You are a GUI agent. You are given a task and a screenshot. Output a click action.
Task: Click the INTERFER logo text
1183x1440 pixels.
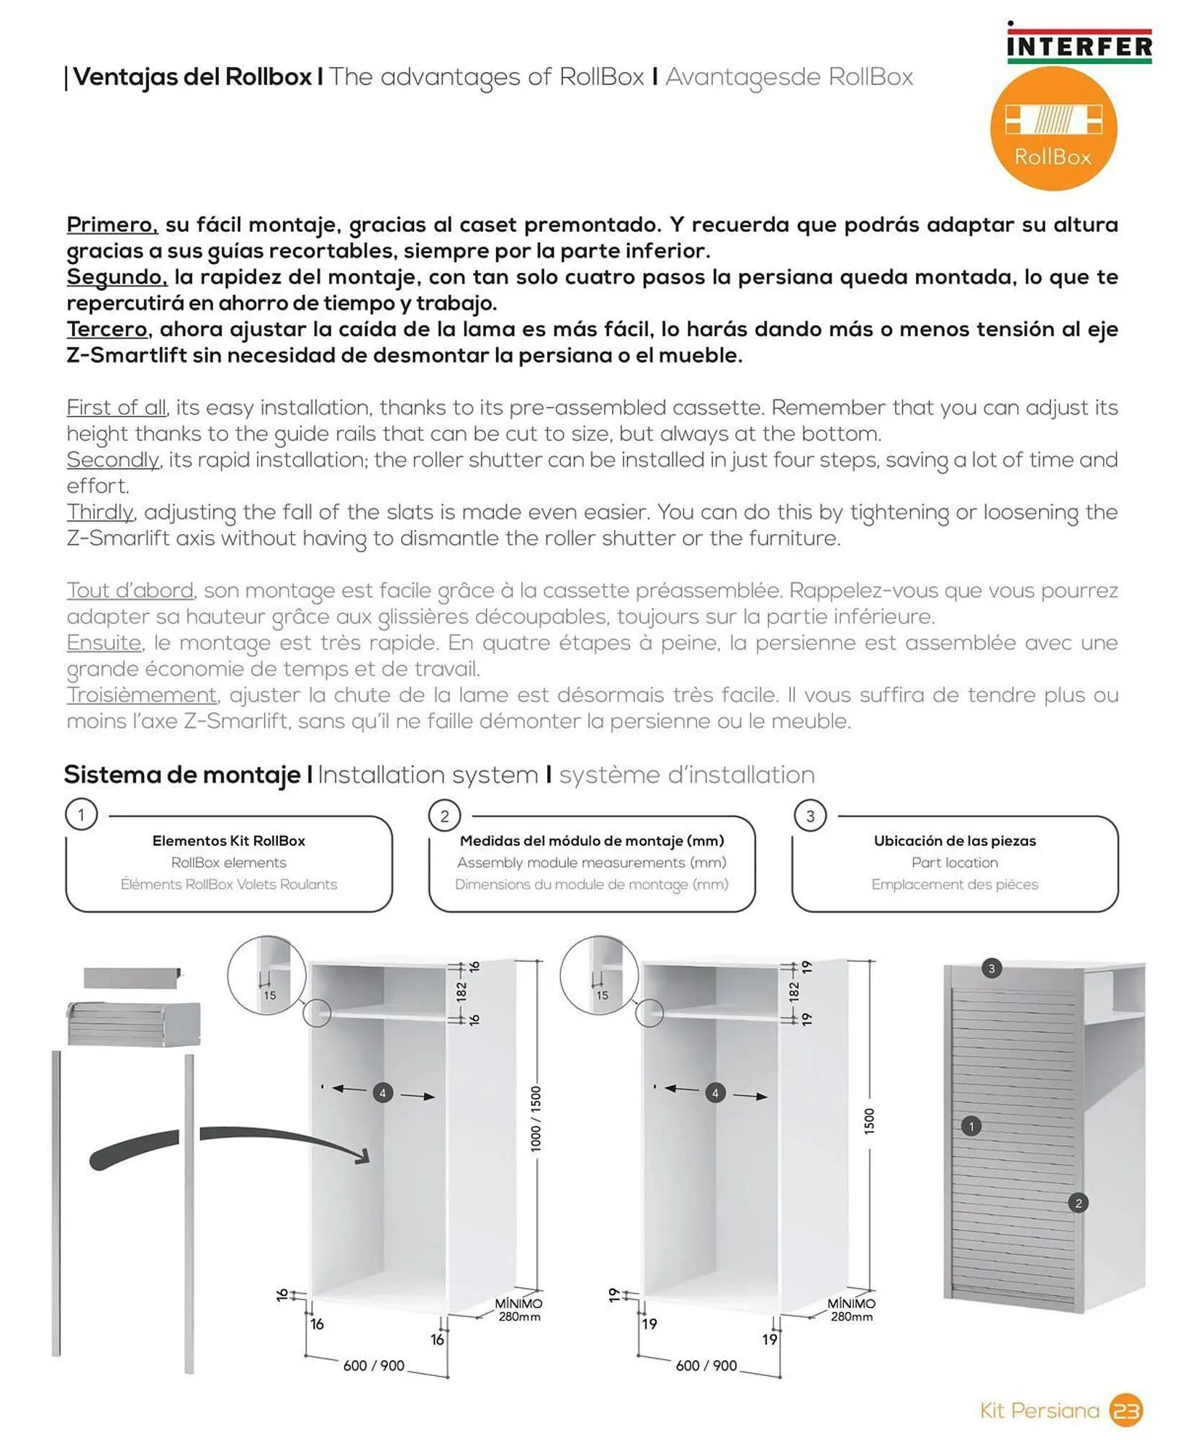1079,47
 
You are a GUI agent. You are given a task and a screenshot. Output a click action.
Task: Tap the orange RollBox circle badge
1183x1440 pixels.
1053,129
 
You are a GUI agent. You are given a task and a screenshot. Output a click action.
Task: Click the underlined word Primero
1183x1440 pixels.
112,225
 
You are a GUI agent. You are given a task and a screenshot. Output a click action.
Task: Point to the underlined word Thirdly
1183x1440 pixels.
100,512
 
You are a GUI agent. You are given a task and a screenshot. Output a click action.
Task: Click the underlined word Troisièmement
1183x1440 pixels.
141,695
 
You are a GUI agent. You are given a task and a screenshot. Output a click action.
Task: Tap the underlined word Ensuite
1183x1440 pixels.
104,642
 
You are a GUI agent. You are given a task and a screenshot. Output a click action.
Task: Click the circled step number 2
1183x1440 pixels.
444,816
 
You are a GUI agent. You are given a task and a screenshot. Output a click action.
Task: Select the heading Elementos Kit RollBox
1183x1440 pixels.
228,840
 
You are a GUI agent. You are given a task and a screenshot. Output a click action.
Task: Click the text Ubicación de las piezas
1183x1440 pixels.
954,840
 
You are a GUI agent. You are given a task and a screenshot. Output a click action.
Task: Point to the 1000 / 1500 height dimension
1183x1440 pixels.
536,1119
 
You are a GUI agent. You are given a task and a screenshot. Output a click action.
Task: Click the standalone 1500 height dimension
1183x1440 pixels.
869,1121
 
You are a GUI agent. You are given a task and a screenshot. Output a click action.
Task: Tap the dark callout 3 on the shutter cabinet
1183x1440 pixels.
991,968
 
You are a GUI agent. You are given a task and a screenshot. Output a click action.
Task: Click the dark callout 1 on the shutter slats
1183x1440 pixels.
971,1126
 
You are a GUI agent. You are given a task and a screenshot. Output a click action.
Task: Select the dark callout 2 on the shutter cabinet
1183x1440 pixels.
1078,1202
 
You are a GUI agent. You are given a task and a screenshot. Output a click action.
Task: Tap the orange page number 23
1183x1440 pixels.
1126,1410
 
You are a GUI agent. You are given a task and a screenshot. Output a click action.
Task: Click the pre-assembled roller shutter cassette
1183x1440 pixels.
134,1023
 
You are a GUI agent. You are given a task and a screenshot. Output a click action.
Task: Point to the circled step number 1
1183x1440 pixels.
81,815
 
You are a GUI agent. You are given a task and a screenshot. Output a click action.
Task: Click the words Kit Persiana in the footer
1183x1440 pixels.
1039,1410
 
